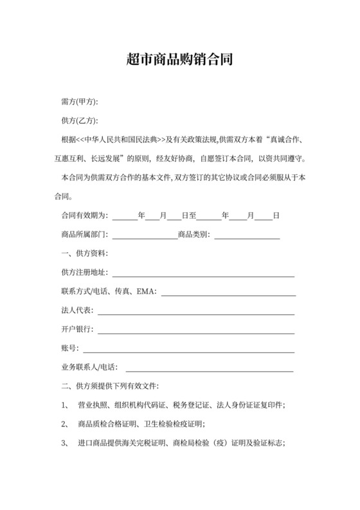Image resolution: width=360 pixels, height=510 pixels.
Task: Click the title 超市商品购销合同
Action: tap(179, 60)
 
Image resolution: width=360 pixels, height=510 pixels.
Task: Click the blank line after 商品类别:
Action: tap(247, 235)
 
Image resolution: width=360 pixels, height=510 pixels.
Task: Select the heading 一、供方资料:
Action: tap(84, 253)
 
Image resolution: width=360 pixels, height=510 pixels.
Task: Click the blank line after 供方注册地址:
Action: tap(203, 273)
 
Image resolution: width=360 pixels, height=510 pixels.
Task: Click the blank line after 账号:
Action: tap(188, 349)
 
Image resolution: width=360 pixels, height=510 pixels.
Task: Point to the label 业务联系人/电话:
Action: tap(89, 367)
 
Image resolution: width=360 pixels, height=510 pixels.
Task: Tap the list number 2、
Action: tap(65, 424)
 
